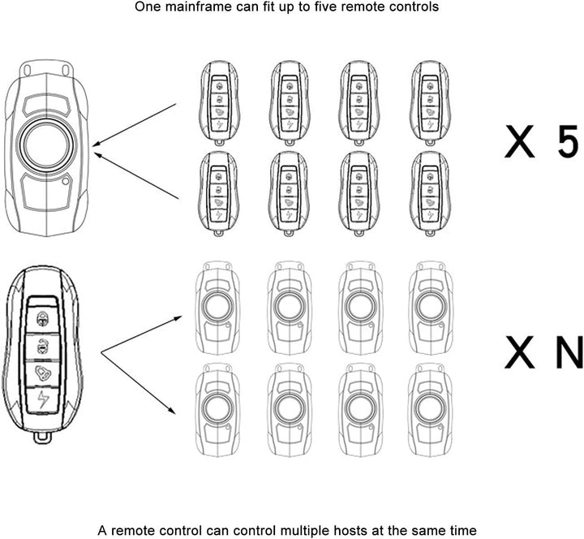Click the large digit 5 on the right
565,140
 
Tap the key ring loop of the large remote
41,438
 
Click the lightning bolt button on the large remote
41,399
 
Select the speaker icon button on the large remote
41,372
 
